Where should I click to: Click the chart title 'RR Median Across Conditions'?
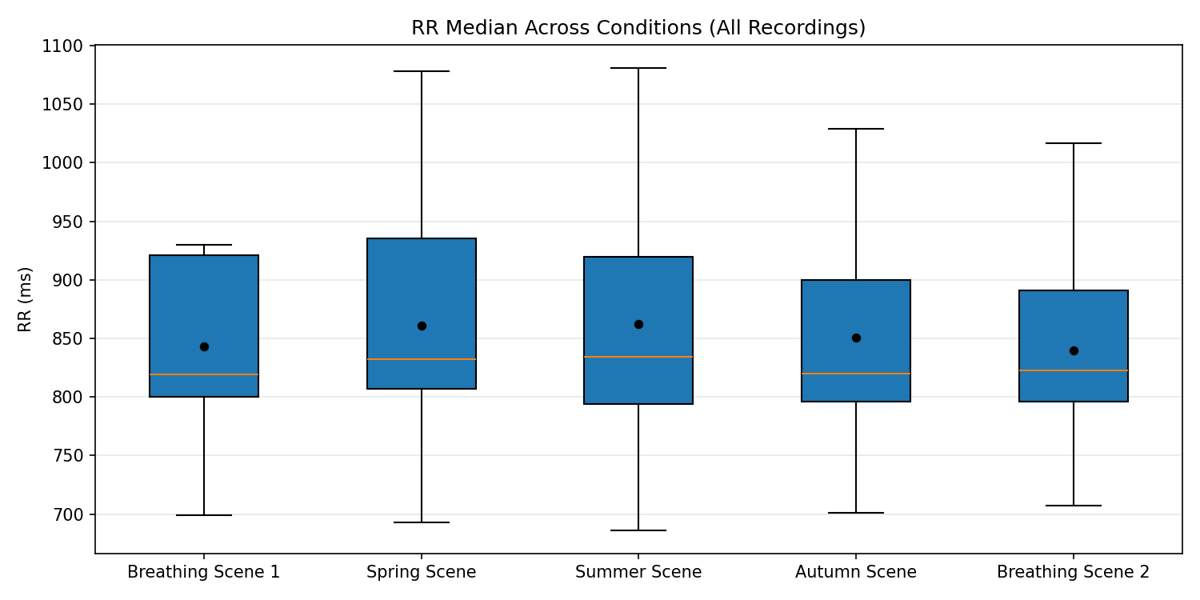[638, 28]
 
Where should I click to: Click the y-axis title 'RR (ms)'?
[26, 299]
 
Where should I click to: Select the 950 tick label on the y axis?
[66, 222]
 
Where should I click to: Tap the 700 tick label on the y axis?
[66, 514]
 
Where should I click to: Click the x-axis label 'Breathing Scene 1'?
[204, 572]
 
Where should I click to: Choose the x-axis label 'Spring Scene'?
[421, 572]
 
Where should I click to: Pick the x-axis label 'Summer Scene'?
[638, 572]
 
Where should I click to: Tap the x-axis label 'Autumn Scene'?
[856, 572]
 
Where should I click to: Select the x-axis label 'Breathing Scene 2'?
[1073, 572]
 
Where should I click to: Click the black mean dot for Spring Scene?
[422, 326]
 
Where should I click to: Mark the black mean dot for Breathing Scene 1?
[204, 346]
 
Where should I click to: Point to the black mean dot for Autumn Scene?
[856, 338]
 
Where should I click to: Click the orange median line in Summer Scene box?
[638, 357]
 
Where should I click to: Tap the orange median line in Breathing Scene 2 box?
[1073, 370]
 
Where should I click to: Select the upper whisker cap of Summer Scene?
[638, 68]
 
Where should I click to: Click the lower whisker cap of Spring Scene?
[422, 522]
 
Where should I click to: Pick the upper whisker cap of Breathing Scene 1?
[204, 245]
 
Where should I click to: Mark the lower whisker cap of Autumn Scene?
[856, 513]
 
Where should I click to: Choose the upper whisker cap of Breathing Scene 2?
[1073, 143]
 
